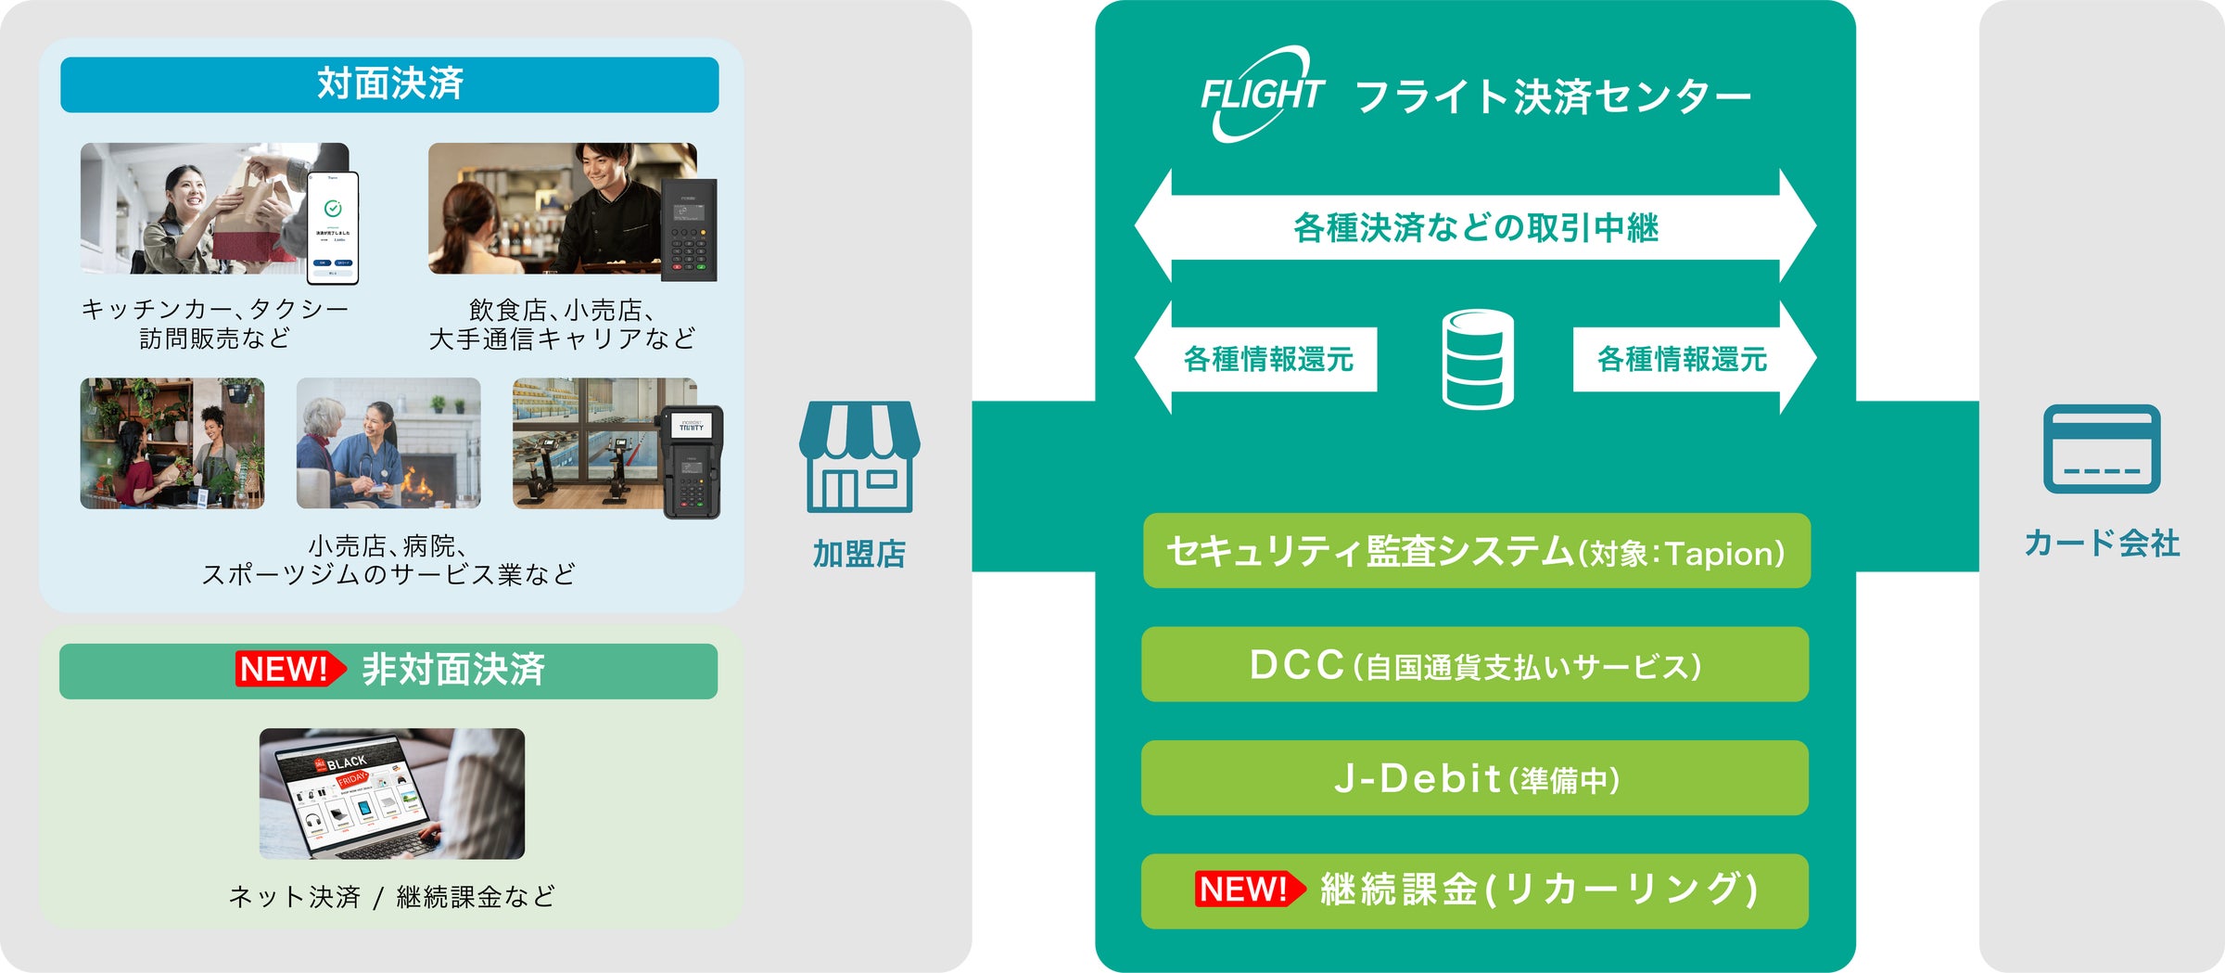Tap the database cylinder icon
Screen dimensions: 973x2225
click(x=1478, y=359)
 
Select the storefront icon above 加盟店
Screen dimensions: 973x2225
click(x=859, y=456)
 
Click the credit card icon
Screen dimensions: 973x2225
click(x=2102, y=449)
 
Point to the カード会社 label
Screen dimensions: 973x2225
click(x=2102, y=544)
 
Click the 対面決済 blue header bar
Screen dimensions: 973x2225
click(x=389, y=84)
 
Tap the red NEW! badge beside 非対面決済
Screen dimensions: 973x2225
click(x=288, y=669)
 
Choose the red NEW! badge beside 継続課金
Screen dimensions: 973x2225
click(x=1247, y=890)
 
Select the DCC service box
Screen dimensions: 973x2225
click(x=1475, y=665)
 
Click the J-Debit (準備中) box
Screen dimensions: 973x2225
click(x=1475, y=778)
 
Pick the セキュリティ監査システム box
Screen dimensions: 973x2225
click(x=1476, y=551)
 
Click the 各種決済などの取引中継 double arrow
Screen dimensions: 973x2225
click(x=1475, y=227)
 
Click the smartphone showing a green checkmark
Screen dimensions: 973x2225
click(x=333, y=227)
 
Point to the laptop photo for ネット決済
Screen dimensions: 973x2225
click(x=392, y=794)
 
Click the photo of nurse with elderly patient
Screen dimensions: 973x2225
click(x=388, y=443)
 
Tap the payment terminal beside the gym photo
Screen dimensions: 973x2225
click(x=692, y=461)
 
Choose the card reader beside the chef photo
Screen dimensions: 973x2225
click(x=689, y=229)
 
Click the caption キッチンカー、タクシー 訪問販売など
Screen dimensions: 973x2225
click(x=214, y=324)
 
